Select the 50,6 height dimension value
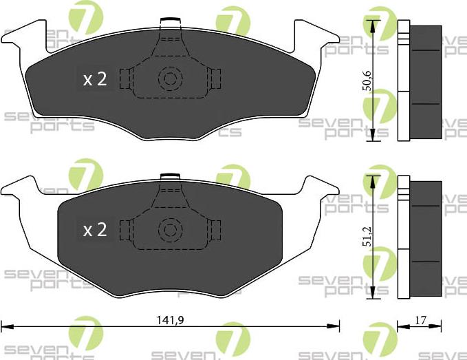[369, 80]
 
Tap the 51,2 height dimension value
[369, 236]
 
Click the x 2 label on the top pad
[95, 79]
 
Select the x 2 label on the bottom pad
[95, 230]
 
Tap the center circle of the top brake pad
[169, 78]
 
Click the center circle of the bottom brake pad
[169, 229]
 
